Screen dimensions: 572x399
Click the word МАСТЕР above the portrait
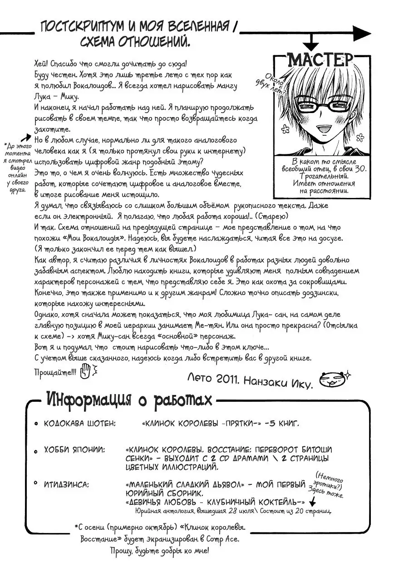(320, 60)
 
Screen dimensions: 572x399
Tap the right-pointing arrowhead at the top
(363, 33)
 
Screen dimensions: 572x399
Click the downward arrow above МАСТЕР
(311, 45)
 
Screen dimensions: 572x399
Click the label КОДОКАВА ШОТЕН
(80, 424)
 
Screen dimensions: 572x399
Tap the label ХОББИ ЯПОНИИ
(74, 450)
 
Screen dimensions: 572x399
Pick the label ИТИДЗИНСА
(67, 485)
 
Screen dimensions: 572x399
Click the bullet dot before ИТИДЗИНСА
(36, 485)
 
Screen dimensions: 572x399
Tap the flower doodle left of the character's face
(285, 129)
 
